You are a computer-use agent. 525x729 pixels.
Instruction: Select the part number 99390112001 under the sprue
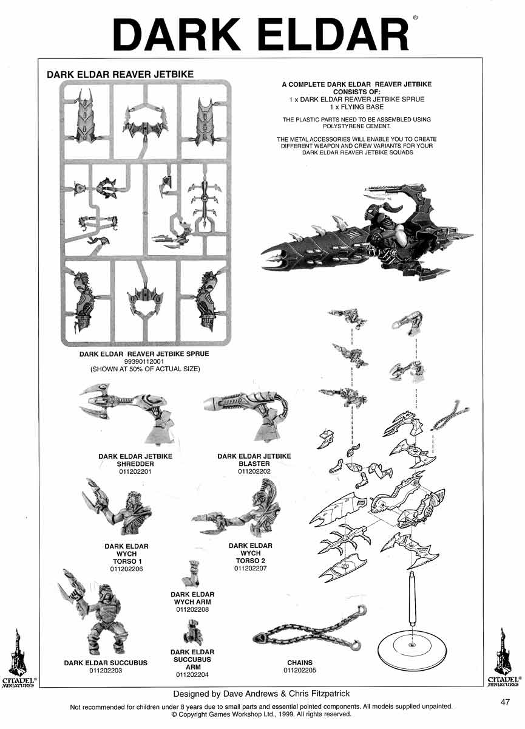point(144,361)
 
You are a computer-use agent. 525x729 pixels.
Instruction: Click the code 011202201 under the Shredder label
point(135,471)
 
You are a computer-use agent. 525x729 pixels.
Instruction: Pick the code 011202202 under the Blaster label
point(254,471)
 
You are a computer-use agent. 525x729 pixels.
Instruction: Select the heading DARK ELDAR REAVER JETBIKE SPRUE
point(144,354)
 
